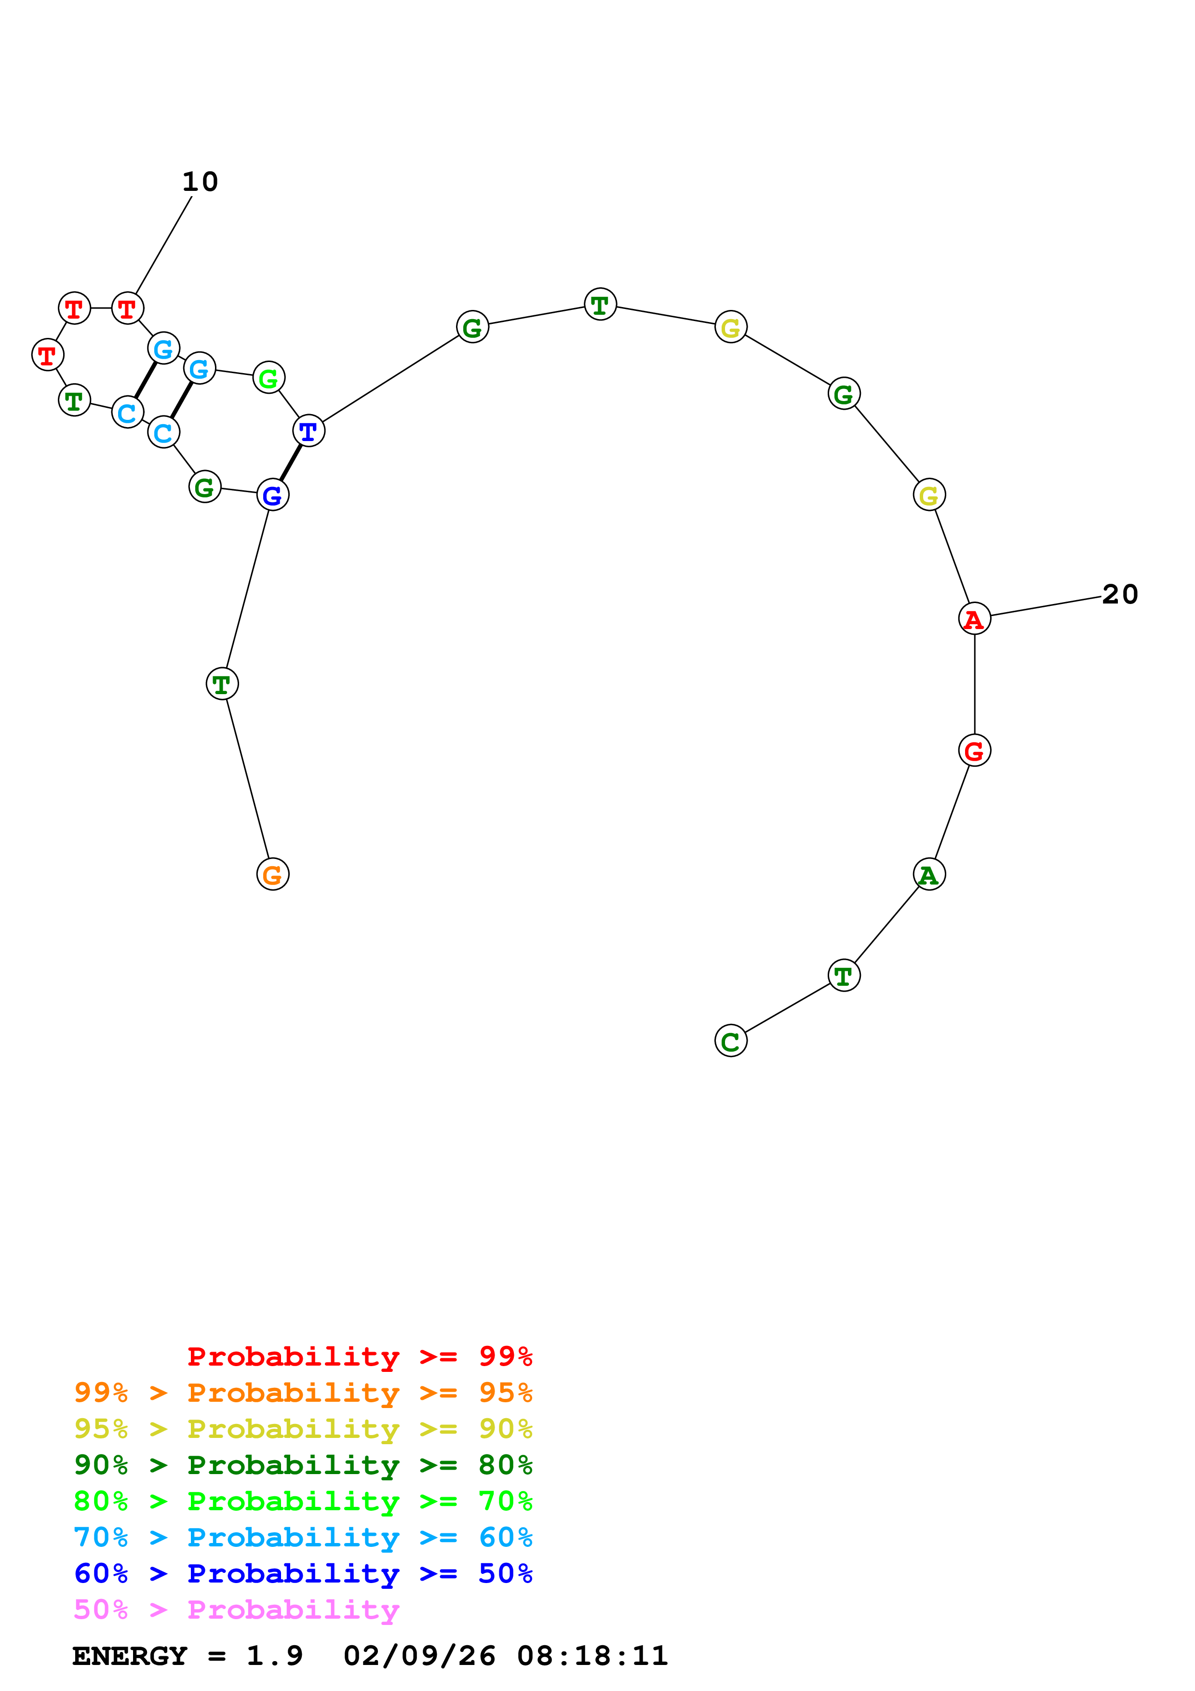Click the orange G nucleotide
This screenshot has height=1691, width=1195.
(272, 874)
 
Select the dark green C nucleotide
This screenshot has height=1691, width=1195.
(730, 1041)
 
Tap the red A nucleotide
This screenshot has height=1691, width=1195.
(974, 618)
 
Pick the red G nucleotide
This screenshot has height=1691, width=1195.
(974, 751)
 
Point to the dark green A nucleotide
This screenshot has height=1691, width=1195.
(928, 874)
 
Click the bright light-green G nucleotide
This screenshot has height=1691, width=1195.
(269, 378)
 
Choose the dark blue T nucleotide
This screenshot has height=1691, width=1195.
(309, 431)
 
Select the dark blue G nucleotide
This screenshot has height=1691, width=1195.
(272, 495)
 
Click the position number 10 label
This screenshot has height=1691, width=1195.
(200, 182)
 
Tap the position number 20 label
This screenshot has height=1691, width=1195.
(1120, 594)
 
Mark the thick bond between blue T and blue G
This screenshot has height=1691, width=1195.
(291, 463)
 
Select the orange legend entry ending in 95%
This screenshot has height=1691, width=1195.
(303, 1393)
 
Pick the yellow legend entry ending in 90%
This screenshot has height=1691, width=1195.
(303, 1429)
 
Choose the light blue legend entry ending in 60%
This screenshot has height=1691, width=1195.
(303, 1537)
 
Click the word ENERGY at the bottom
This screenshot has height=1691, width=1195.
(130, 1656)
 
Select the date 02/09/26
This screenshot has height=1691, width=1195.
(419, 1656)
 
